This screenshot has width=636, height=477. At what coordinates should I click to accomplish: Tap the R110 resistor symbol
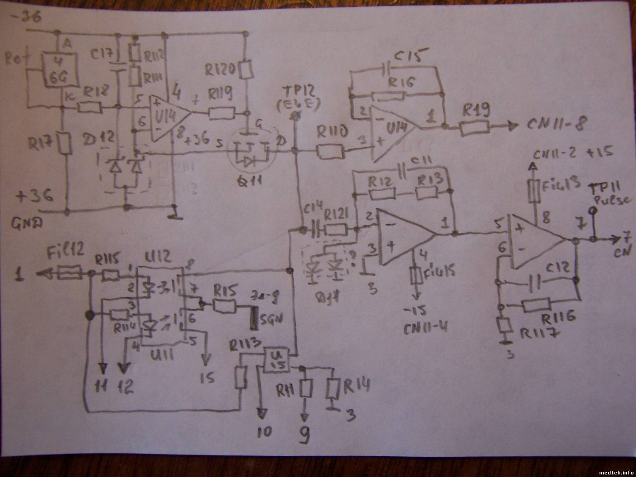click(330, 152)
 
